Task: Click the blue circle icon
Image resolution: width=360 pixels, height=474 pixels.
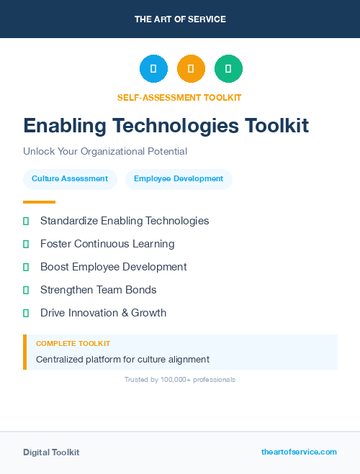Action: [x=153, y=69]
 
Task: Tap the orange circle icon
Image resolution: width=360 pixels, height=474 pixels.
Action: [x=191, y=69]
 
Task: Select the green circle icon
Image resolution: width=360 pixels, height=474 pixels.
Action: [x=228, y=69]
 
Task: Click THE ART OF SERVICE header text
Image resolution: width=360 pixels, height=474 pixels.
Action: [x=180, y=19]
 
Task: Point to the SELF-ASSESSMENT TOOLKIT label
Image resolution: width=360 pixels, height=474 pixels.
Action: [x=179, y=97]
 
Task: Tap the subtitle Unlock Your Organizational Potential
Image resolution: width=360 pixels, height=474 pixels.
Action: [x=105, y=152]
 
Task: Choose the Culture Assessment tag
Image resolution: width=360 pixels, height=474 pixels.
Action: [x=70, y=179]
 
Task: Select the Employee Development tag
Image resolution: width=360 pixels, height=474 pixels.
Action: [x=179, y=179]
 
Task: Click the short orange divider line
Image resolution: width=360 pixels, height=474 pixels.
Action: [x=39, y=202]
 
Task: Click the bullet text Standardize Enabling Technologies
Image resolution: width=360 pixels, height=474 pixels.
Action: [x=125, y=221]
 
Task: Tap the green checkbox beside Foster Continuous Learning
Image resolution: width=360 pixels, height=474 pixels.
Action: [x=26, y=245]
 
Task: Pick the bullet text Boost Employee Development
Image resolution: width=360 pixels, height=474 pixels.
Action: [x=113, y=267]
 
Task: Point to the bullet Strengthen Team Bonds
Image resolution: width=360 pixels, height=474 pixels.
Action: [x=98, y=290]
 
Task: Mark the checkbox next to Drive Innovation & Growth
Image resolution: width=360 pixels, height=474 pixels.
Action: [x=26, y=314]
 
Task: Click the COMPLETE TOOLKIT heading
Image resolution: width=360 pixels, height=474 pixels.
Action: [x=73, y=344]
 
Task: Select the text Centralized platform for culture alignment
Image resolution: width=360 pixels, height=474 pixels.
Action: [x=122, y=359]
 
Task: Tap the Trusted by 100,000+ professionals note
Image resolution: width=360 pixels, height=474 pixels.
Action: [x=180, y=379]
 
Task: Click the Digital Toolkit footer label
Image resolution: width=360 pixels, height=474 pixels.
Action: [x=51, y=452]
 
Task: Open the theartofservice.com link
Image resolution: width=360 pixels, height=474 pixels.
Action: [x=299, y=452]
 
